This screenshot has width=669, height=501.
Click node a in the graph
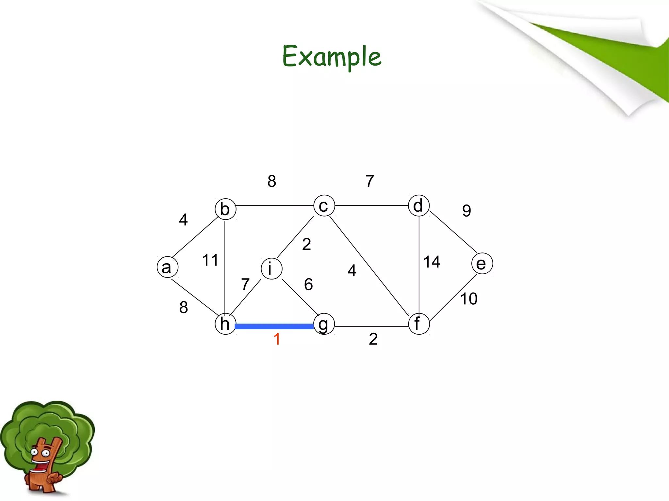(168, 267)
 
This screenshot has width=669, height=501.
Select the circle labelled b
(225, 209)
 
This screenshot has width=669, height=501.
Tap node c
(324, 205)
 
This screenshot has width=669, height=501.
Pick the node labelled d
(419, 205)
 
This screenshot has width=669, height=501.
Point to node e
(482, 264)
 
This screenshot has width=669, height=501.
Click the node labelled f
(419, 324)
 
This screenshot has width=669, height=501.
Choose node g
(324, 324)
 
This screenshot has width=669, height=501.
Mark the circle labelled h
(225, 324)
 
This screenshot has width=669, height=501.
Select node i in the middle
(271, 269)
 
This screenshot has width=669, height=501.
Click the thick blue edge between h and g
(274, 326)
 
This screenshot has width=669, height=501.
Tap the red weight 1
(277, 339)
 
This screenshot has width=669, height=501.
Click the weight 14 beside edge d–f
(432, 262)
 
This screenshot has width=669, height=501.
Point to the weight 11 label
(210, 260)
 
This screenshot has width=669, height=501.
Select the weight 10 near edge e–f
(469, 299)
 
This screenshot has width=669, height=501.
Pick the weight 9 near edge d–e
(467, 211)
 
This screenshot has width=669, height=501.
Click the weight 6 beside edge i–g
(308, 284)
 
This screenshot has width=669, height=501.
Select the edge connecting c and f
(369, 266)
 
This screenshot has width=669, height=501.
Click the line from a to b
(195, 237)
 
